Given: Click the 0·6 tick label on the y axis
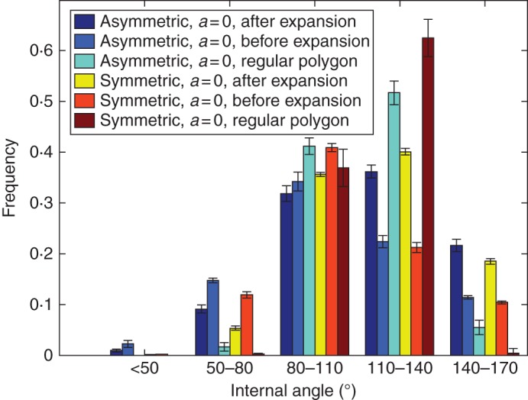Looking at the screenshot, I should pos(42,50).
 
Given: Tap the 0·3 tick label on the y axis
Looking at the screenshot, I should pos(42,203).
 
